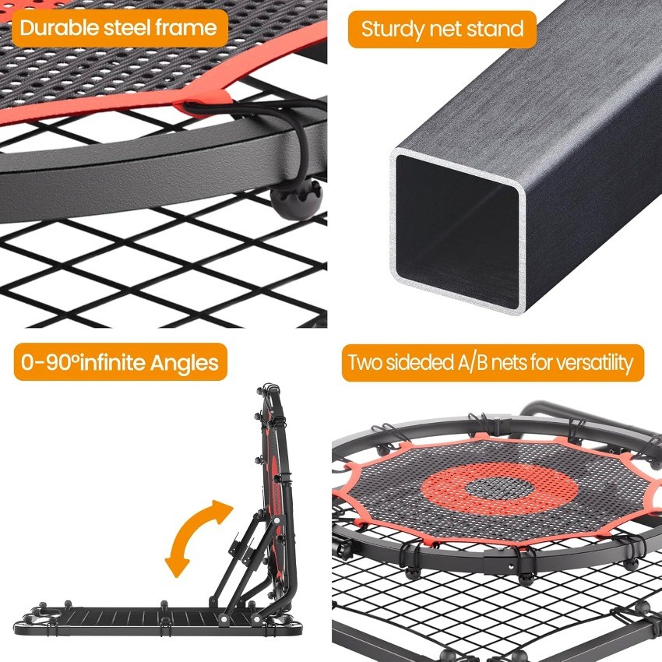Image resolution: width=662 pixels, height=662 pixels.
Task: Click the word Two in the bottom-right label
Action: (365, 363)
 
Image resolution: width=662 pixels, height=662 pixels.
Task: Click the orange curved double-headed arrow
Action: (199, 537)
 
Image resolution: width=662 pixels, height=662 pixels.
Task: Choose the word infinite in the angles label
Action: (120, 362)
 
